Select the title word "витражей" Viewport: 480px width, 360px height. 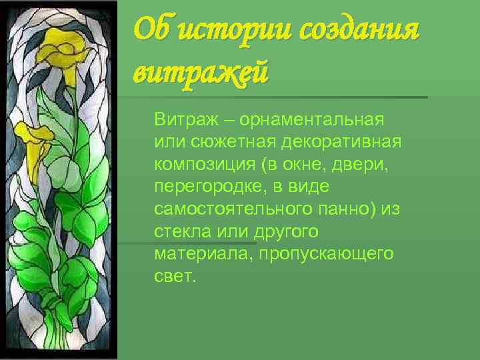click(x=201, y=71)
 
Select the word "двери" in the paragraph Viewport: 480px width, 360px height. click(x=364, y=165)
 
